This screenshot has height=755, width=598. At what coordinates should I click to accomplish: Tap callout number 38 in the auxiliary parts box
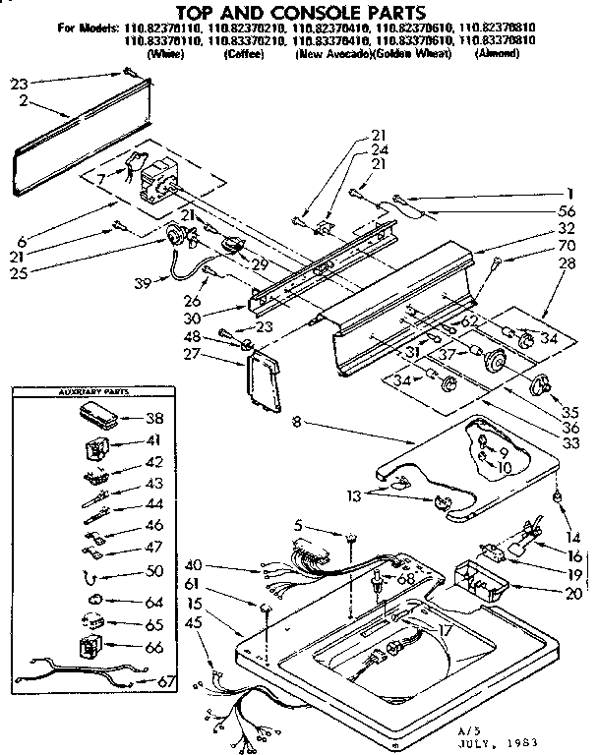[153, 417]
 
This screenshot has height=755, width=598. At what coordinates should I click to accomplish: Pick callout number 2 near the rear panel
[22, 100]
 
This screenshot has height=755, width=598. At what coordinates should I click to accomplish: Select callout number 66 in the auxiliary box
[153, 647]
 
